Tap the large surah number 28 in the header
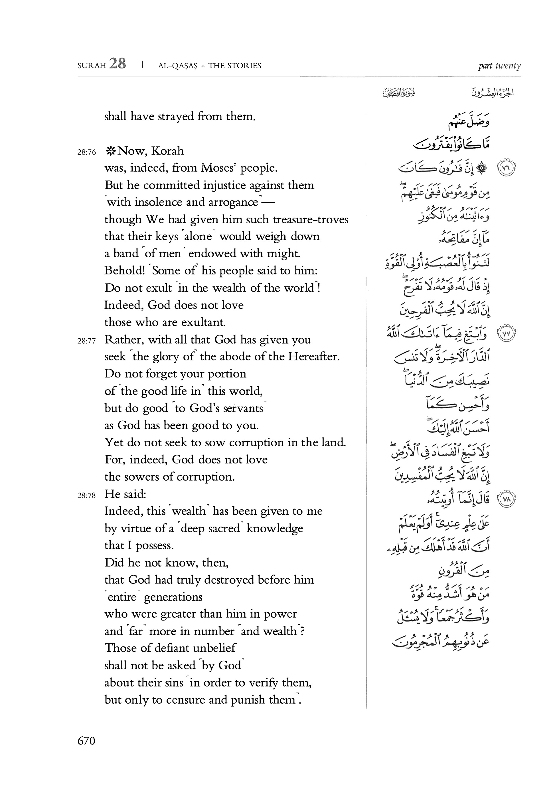pos(117,64)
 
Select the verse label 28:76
pos(86,152)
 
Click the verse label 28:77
pos(86,341)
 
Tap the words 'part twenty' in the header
pos(499,66)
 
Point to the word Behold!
pos(122,271)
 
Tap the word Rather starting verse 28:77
pos(122,340)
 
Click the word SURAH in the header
pos(91,66)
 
